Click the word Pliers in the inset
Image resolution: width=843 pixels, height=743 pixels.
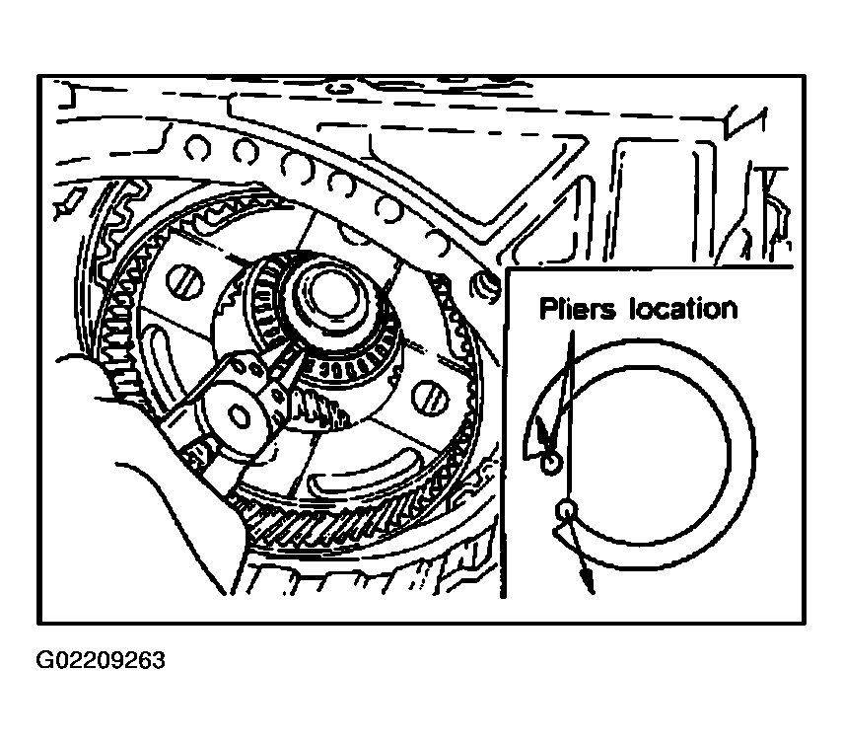[x=577, y=310]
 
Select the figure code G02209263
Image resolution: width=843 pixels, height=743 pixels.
[x=101, y=660]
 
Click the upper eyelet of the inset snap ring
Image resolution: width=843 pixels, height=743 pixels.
[x=550, y=464]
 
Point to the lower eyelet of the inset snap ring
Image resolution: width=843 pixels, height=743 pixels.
[x=567, y=509]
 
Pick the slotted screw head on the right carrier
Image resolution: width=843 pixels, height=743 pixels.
[x=430, y=398]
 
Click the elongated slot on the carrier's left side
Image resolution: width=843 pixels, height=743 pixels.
[x=163, y=367]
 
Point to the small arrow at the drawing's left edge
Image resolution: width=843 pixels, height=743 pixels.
[x=69, y=204]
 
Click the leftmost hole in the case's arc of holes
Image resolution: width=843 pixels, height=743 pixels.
[x=197, y=147]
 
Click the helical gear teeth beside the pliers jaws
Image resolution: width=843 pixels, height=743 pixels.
[x=317, y=409]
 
